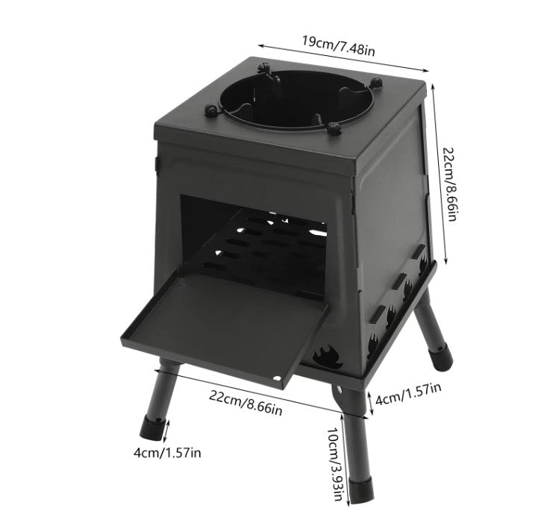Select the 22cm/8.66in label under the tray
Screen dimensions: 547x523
point(246,402)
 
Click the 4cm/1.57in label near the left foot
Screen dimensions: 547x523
point(167,453)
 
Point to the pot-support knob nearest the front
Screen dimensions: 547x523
point(334,128)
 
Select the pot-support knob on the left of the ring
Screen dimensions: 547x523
point(211,110)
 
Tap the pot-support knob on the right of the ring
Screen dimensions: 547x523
point(376,83)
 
